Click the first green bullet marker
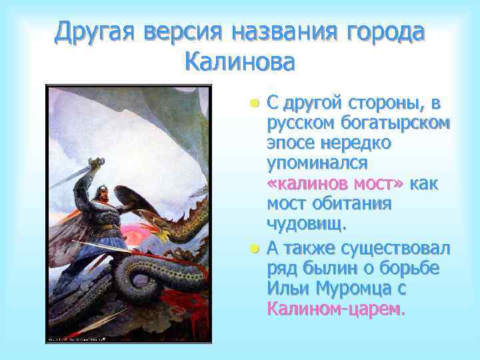[x=254, y=104]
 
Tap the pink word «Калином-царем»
[x=335, y=309]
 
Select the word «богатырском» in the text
[x=393, y=123]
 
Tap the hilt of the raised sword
[x=95, y=162]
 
